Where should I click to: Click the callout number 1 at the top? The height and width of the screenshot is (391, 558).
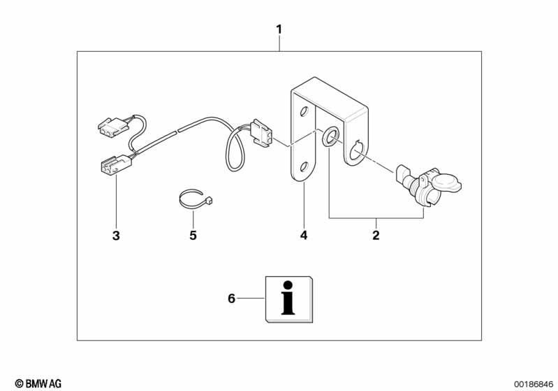pos(279,29)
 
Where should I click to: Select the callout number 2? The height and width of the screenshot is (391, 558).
pos(376,236)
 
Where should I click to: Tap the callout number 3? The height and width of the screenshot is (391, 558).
pos(116,236)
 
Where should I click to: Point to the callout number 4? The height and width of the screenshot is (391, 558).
pos(304,236)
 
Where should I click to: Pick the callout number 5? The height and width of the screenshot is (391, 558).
pos(193,236)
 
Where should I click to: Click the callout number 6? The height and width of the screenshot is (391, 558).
pos(232,299)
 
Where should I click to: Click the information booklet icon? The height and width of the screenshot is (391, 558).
pos(288,299)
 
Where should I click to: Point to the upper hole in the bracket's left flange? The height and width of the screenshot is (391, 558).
pos(304,112)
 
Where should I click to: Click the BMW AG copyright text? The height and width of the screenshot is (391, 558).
pos(38,383)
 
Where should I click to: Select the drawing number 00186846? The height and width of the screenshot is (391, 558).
pos(534,383)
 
